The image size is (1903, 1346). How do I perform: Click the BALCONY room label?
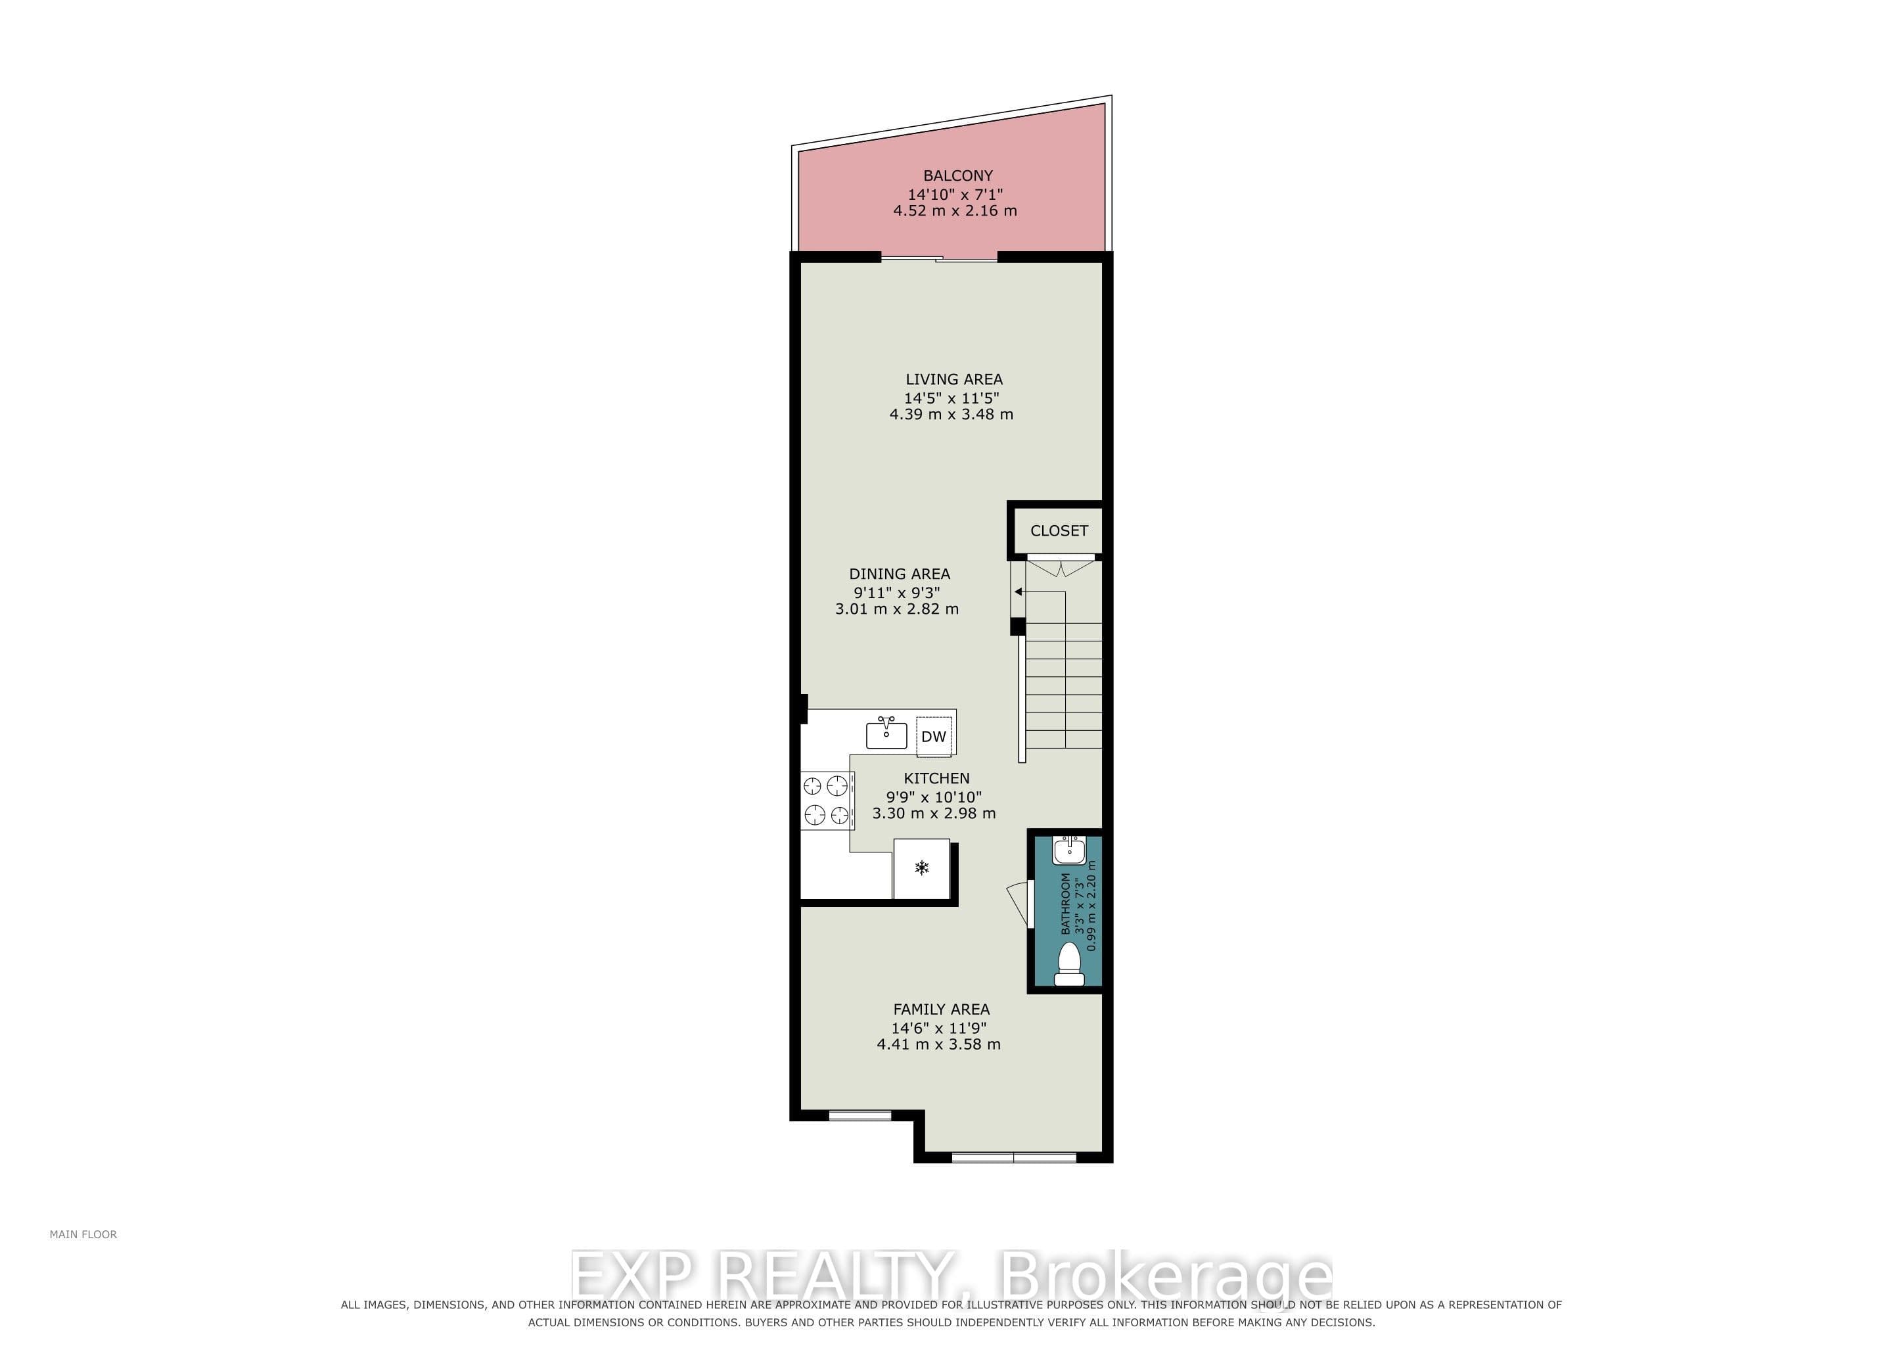tap(957, 175)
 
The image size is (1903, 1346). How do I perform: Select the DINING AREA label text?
tap(900, 574)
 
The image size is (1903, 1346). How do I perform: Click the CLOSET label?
tap(1059, 530)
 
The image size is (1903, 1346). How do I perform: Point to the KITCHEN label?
tap(936, 778)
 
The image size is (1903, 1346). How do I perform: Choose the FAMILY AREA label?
tap(941, 1009)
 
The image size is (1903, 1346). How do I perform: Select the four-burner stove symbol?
tap(827, 800)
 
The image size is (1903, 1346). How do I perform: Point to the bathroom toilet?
tap(1068, 964)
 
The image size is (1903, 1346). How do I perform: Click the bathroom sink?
tap(1068, 850)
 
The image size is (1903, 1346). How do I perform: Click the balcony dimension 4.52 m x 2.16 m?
tap(955, 210)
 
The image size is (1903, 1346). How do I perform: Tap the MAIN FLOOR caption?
tap(83, 1234)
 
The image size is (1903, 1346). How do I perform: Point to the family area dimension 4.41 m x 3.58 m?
tap(938, 1044)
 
